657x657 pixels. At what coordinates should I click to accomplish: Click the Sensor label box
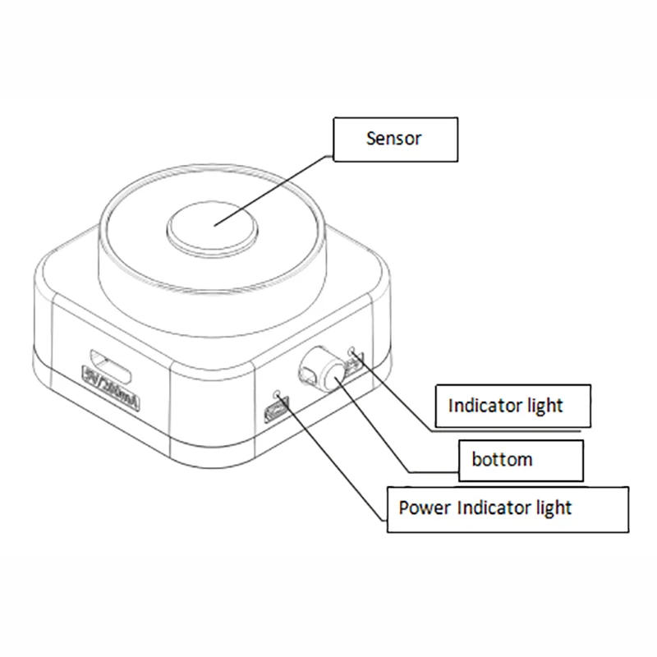(x=394, y=139)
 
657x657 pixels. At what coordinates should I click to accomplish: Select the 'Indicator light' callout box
(x=512, y=406)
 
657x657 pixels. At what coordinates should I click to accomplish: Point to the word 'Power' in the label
(x=423, y=508)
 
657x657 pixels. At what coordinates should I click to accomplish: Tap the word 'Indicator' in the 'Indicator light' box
(x=488, y=406)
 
